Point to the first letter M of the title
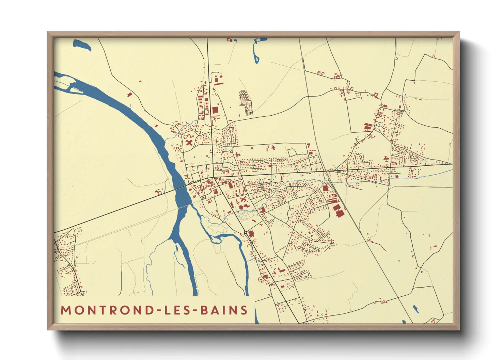coord(65,310)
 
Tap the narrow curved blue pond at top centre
coord(256,51)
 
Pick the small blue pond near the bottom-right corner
coord(416,309)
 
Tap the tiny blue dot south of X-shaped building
coord(193,157)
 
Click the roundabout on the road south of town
coord(246,232)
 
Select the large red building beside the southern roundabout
coord(251,234)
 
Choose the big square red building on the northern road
coord(215,110)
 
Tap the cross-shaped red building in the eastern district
coord(386,159)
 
